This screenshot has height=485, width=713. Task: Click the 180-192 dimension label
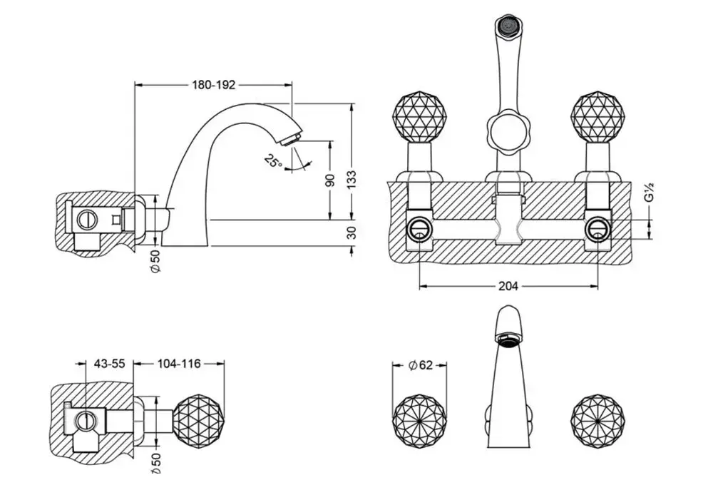[214, 85]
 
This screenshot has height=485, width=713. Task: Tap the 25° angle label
[272, 160]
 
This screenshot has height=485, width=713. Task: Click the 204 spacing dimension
[508, 286]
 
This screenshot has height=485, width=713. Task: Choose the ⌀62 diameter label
[420, 365]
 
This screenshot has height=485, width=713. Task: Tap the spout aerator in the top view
[507, 339]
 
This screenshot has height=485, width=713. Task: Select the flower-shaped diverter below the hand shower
[506, 133]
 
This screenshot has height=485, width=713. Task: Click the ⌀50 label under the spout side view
[156, 261]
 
